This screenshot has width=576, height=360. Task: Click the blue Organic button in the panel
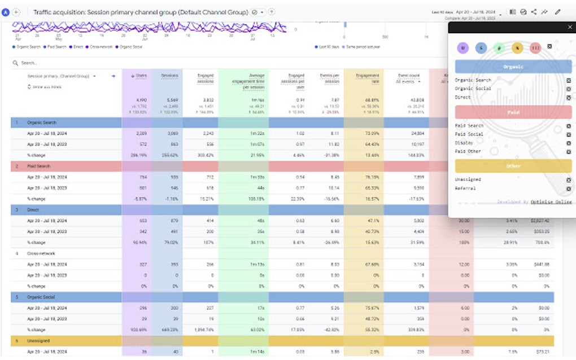click(x=513, y=67)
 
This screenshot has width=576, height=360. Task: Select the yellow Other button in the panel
click(x=513, y=166)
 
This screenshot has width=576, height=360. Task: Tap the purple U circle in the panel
click(x=463, y=48)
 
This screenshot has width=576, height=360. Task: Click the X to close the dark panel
click(x=569, y=27)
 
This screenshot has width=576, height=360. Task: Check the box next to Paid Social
click(x=568, y=134)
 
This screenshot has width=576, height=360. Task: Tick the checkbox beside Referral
click(x=568, y=188)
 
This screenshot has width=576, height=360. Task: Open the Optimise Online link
click(x=551, y=202)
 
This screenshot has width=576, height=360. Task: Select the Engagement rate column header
click(x=368, y=78)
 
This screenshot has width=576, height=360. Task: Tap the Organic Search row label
click(x=42, y=122)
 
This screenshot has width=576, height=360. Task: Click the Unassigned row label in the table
click(x=38, y=341)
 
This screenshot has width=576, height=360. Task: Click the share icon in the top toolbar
click(x=534, y=11)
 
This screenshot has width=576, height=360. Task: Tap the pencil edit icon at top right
click(x=558, y=11)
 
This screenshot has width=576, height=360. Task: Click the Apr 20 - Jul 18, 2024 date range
click(x=477, y=11)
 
